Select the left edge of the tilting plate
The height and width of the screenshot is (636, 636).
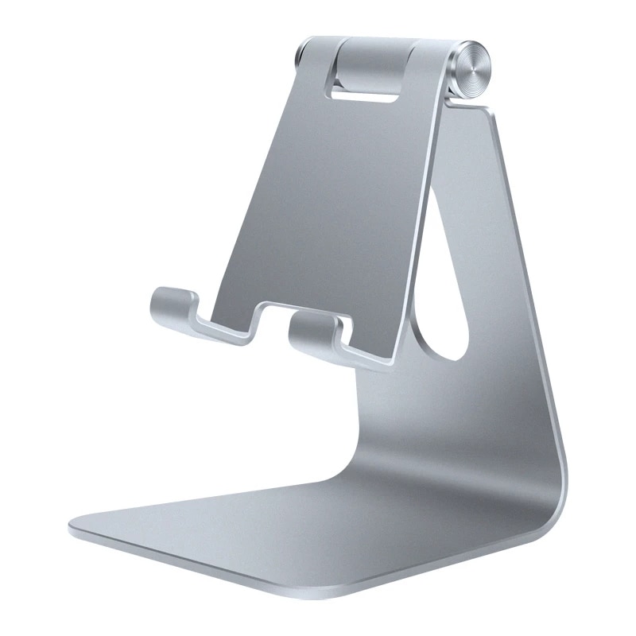262,183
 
